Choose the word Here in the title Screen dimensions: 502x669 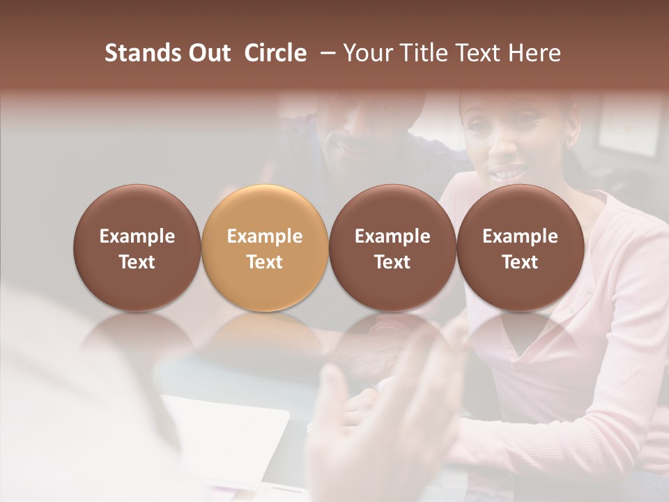click(535, 54)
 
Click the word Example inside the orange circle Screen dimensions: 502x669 click(265, 236)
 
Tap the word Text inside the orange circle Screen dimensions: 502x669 click(265, 262)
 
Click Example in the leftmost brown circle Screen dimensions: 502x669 click(137, 236)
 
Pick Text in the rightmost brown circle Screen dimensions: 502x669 click(520, 262)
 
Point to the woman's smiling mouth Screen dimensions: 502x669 click(507, 171)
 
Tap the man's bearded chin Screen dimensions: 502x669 click(348, 167)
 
